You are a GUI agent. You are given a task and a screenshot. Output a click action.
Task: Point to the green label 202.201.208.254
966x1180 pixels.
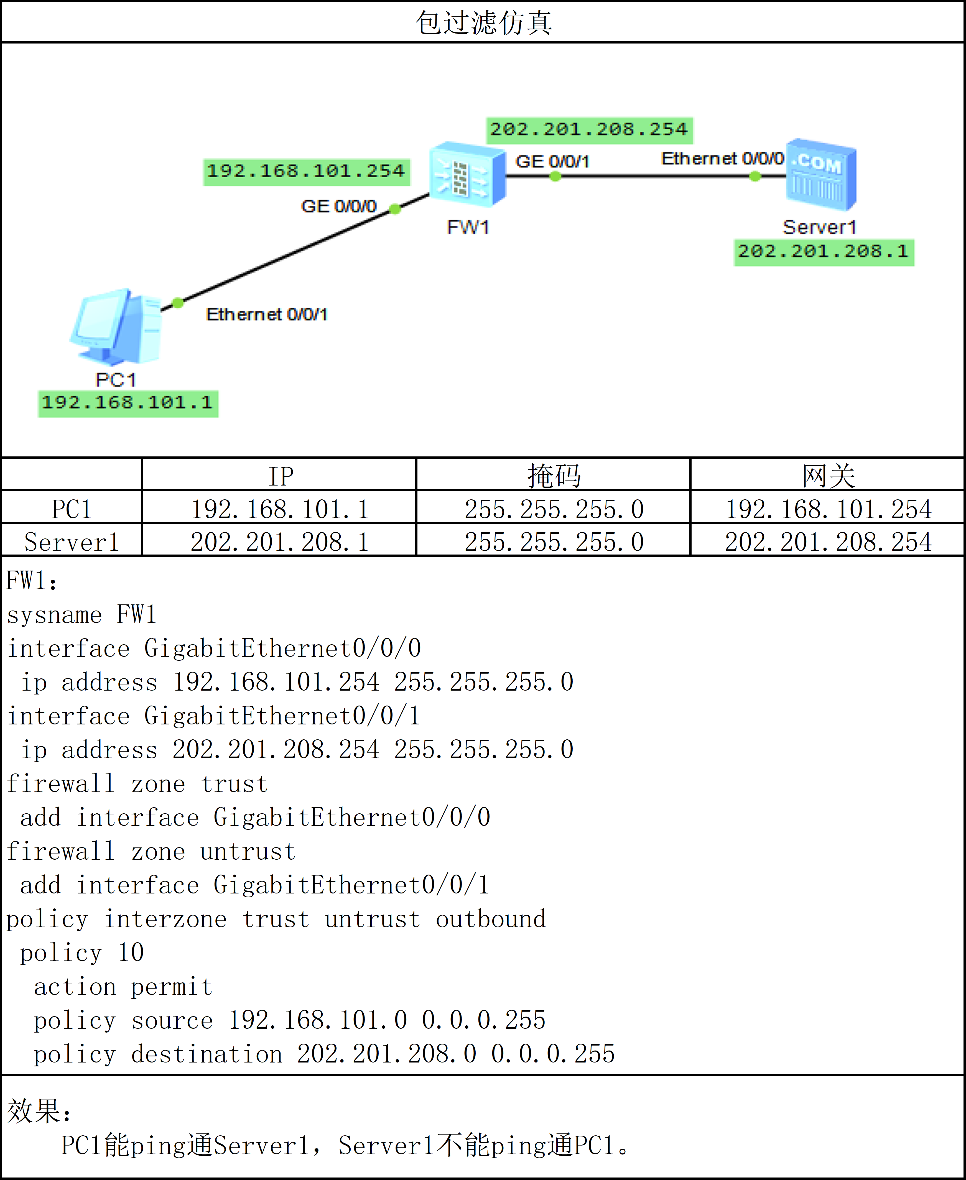click(589, 130)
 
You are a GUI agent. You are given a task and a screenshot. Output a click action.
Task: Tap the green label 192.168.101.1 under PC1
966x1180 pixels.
click(128, 403)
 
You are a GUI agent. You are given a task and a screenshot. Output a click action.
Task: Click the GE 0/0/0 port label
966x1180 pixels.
click(338, 206)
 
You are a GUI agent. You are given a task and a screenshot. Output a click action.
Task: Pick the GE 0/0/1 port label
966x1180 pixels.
click(552, 161)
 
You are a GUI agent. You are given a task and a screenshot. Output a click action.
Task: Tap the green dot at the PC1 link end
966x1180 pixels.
click(177, 303)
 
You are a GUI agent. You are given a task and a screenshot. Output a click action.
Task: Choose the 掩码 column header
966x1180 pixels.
click(554, 476)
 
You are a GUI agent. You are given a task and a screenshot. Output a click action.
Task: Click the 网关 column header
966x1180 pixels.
click(828, 476)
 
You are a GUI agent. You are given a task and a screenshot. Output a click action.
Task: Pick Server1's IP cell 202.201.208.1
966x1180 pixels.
click(279, 541)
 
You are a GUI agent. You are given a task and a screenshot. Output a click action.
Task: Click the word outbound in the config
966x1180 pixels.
click(490, 919)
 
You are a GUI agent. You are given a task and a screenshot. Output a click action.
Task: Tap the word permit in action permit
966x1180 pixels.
click(172, 987)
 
